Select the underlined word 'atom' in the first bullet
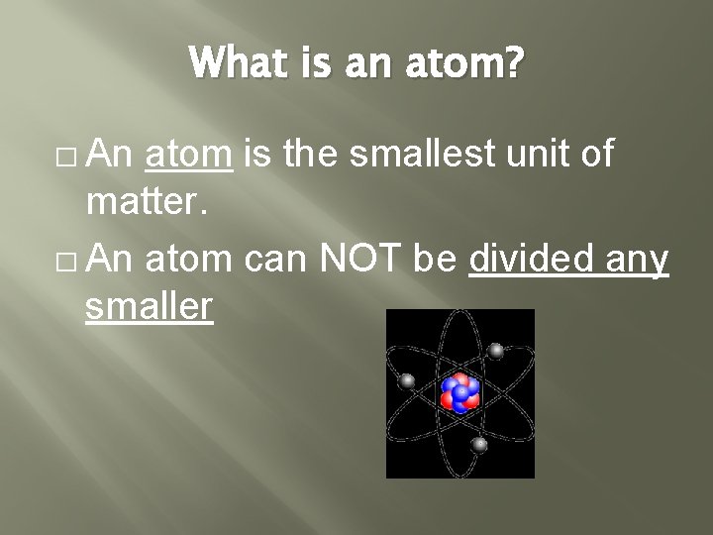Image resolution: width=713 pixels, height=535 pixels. click(189, 155)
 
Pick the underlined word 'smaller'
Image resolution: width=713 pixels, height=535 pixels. click(149, 308)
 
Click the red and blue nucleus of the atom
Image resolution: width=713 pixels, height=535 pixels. click(459, 392)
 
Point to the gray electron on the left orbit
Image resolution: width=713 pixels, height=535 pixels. click(406, 380)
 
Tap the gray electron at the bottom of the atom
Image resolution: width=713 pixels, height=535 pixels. click(479, 445)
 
